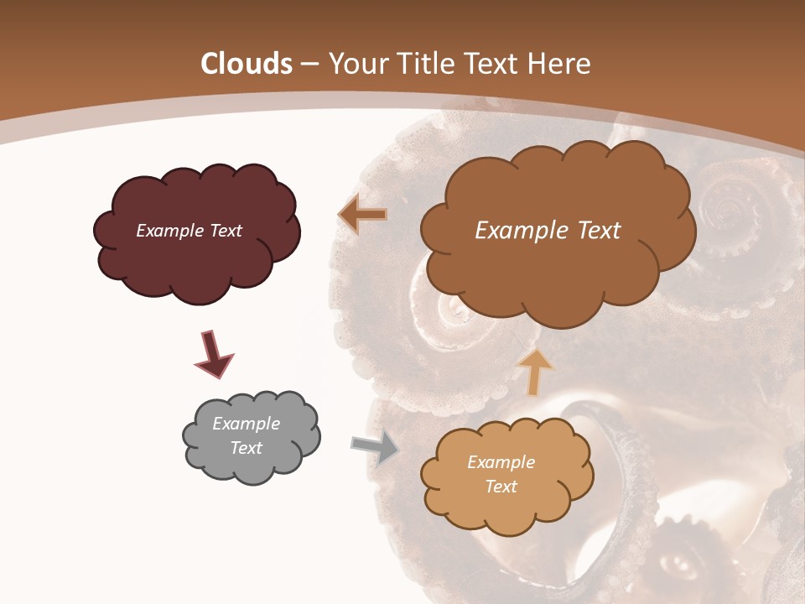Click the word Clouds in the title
(x=247, y=64)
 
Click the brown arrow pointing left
(x=362, y=216)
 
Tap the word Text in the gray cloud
(x=247, y=448)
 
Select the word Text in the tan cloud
(x=501, y=487)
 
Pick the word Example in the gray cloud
(x=247, y=424)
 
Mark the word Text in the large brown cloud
(x=600, y=231)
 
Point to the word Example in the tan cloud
(x=501, y=462)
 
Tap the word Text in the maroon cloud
(x=225, y=231)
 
